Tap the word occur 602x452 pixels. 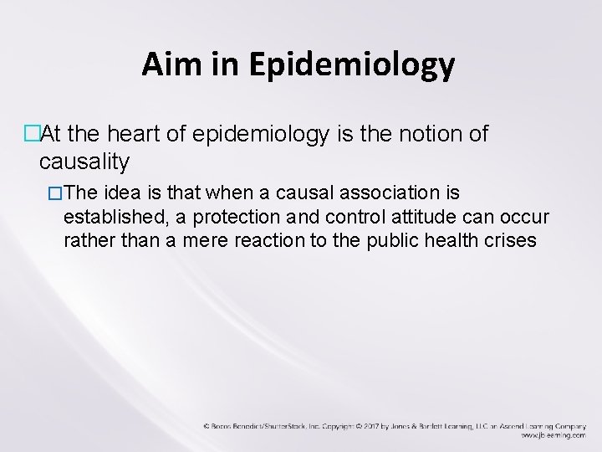(x=523, y=218)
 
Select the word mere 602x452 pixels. (x=205, y=241)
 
